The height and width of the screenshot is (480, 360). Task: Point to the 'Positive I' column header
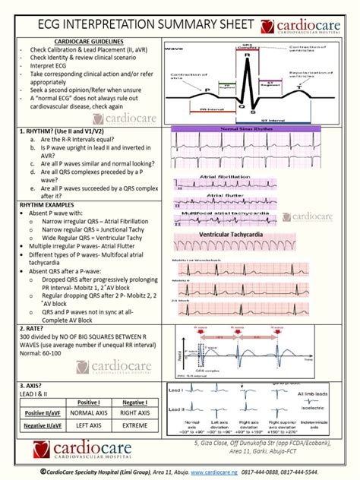tap(89, 402)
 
